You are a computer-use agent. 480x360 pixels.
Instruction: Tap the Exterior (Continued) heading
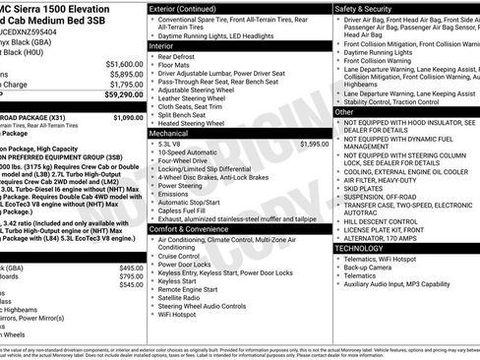[184, 8]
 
